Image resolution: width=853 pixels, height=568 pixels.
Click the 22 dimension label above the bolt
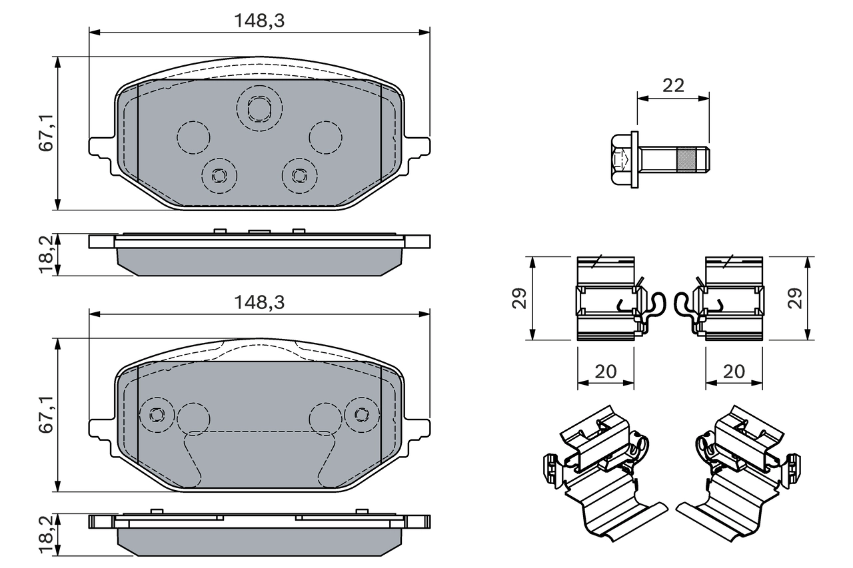coord(673,85)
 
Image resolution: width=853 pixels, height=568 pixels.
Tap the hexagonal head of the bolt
coord(622,159)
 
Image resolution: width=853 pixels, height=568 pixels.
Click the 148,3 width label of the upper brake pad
coord(259,21)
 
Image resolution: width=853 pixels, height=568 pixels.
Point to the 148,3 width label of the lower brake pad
coord(259,302)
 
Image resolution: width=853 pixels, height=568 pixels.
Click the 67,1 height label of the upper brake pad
coord(46,133)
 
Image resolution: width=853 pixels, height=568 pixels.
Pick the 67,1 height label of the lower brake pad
coord(46,415)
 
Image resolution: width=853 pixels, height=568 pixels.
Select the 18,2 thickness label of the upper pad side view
coord(46,254)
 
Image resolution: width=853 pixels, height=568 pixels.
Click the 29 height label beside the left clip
coord(520,298)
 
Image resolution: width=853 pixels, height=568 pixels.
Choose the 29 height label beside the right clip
coord(794,298)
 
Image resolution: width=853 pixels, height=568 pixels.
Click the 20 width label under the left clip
coord(605,372)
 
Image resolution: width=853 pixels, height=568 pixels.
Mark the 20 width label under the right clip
coord(733,372)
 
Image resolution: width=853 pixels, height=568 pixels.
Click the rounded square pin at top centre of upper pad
coord(259,107)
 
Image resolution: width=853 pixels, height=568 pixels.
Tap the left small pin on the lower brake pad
coord(157,414)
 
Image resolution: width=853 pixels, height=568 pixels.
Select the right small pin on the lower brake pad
coord(362,414)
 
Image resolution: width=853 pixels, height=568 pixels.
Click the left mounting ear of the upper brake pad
coord(100,148)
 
